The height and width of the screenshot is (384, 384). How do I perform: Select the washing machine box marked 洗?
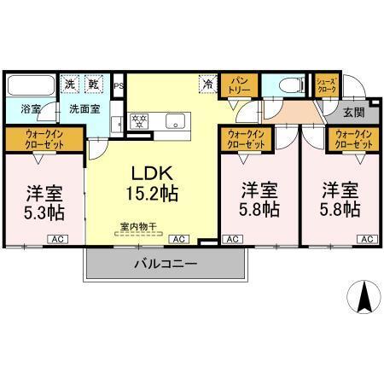click(x=70, y=84)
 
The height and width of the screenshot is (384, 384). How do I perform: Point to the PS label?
click(x=119, y=85)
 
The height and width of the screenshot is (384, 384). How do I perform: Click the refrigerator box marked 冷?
click(x=207, y=84)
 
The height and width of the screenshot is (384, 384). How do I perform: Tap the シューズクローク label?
click(x=328, y=84)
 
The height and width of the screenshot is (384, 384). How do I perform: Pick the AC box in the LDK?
click(x=180, y=240)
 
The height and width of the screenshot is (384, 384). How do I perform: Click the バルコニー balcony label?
click(x=166, y=264)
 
